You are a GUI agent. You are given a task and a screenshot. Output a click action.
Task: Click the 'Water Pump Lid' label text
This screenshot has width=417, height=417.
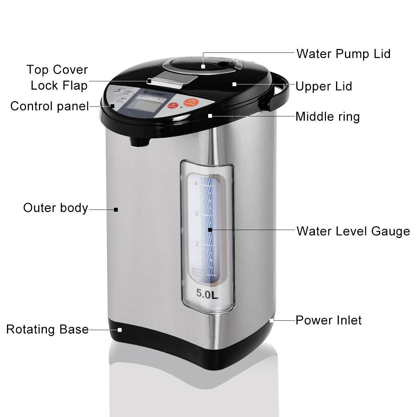coord(343,54)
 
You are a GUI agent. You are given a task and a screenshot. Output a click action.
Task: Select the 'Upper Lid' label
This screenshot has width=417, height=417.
coord(324,86)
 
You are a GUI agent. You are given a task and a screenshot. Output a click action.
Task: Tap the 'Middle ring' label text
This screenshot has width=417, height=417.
coord(327,116)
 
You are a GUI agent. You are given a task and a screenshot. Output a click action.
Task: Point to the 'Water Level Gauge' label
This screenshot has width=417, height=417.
coord(353,231)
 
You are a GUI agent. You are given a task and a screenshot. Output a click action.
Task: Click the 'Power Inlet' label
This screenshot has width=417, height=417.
coord(328,320)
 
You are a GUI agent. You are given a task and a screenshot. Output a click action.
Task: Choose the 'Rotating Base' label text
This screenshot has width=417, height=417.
coord(48,329)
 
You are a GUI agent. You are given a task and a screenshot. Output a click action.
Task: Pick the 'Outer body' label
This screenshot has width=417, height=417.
coord(56,208)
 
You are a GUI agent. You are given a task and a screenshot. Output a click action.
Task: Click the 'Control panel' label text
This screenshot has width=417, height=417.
coord(50,106)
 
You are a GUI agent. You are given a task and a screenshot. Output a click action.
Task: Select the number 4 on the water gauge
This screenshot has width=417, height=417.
coord(196,184)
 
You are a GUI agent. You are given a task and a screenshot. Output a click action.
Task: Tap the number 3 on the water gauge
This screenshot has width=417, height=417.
coord(196,214)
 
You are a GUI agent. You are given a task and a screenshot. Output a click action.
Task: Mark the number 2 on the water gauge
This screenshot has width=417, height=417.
coord(197,244)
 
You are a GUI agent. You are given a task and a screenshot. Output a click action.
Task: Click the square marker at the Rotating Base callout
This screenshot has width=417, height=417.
coord(120,329)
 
